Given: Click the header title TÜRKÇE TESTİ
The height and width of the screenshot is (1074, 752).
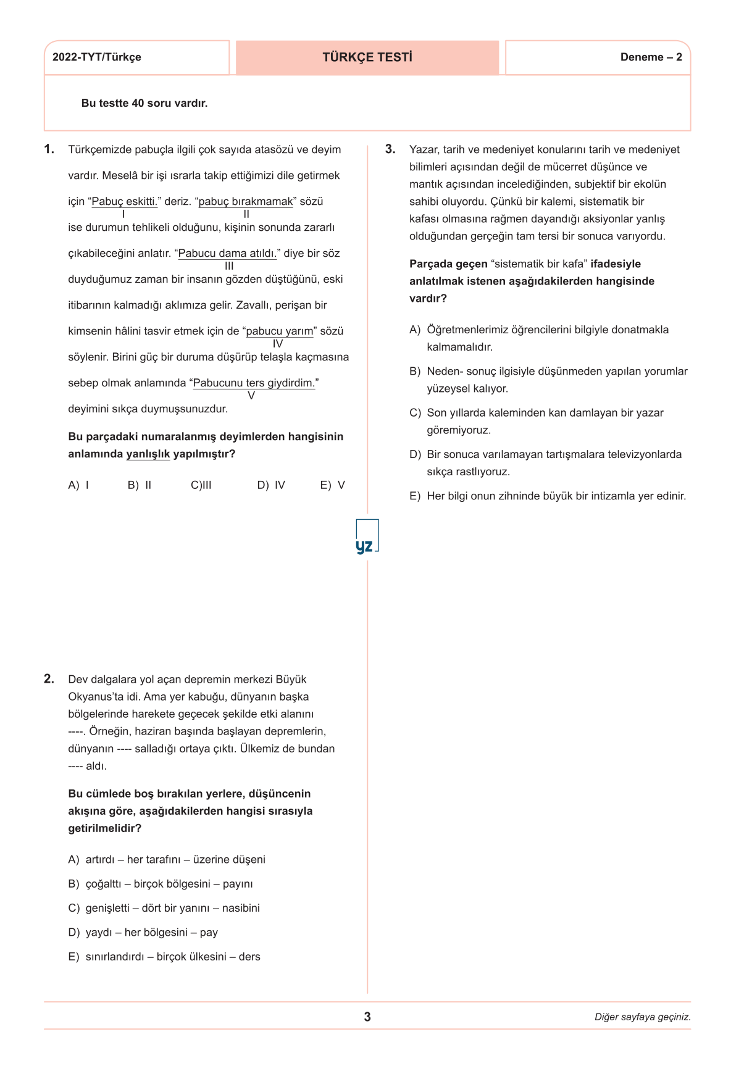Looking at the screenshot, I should click(x=367, y=57).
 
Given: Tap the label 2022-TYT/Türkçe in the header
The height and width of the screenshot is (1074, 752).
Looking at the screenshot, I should click(x=97, y=57).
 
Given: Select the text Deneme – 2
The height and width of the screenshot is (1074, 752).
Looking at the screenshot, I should click(x=651, y=57).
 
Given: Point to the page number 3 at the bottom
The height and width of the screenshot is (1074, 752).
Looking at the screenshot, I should click(x=367, y=1017).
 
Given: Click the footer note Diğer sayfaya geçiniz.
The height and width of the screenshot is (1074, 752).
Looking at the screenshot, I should click(x=642, y=1017).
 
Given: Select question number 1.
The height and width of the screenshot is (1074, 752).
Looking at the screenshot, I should click(x=49, y=149).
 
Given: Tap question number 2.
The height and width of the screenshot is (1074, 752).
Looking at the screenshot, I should click(x=49, y=679).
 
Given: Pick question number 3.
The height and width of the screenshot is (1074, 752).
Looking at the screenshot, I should click(x=390, y=149).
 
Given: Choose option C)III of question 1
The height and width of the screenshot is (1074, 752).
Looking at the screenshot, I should click(x=201, y=485).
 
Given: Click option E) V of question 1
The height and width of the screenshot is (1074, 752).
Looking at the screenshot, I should click(x=332, y=485).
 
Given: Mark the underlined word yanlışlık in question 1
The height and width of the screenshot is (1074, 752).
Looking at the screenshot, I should click(x=148, y=454).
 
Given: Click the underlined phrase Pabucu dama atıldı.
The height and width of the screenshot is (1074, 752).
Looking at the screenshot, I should click(x=227, y=254).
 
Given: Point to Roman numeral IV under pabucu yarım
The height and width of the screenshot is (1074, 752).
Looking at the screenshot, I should click(x=278, y=344).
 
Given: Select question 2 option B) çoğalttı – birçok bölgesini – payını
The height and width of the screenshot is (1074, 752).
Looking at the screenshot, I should click(x=161, y=884).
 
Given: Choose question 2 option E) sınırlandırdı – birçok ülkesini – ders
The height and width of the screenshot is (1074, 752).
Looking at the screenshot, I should click(x=164, y=957).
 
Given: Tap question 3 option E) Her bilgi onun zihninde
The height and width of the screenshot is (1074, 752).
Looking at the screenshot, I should click(x=548, y=496).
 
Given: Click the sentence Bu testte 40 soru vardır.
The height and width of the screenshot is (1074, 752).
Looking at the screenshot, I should click(x=144, y=103).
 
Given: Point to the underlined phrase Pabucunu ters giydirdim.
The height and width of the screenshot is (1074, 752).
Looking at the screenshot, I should click(x=254, y=383).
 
